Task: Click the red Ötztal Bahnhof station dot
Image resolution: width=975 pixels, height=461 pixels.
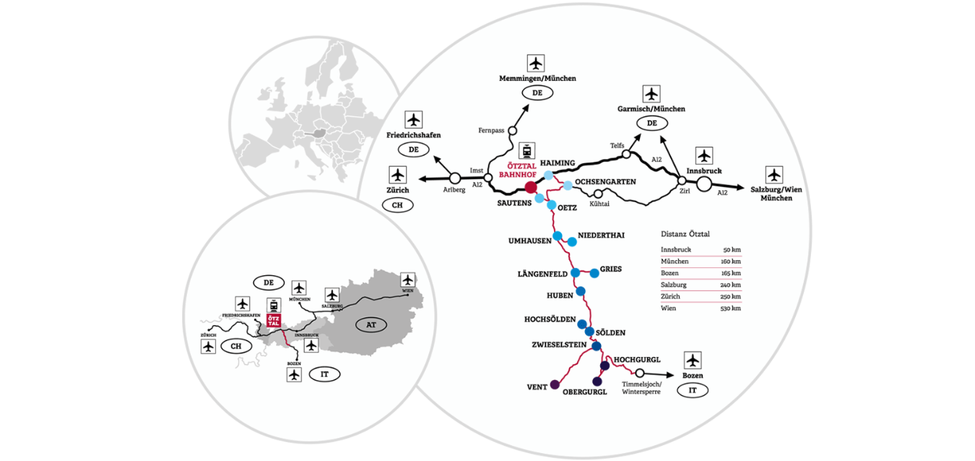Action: [531, 187]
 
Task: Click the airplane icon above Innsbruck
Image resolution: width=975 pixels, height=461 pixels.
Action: [704, 155]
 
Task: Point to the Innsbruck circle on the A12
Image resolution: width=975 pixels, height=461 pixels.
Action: [703, 184]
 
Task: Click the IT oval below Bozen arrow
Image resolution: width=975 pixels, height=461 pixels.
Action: [693, 390]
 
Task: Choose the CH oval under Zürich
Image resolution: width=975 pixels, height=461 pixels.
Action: [398, 205]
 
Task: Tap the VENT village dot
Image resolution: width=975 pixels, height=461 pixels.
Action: [555, 384]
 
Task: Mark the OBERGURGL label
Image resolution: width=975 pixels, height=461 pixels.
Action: [584, 392]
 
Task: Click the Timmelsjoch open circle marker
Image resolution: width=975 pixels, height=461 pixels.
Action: [639, 373]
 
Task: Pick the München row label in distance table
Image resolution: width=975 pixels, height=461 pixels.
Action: [672, 262]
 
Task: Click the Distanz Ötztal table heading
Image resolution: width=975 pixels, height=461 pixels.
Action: [685, 234]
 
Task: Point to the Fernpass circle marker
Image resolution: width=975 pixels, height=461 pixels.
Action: [512, 132]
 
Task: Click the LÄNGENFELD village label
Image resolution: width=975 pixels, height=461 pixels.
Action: [542, 273]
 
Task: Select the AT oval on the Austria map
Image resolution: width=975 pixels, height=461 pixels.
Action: [371, 324]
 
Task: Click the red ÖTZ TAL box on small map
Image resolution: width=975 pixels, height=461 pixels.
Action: [274, 321]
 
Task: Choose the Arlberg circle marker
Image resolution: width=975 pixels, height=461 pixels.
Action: [456, 178]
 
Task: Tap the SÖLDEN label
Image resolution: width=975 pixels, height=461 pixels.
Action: [611, 332]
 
